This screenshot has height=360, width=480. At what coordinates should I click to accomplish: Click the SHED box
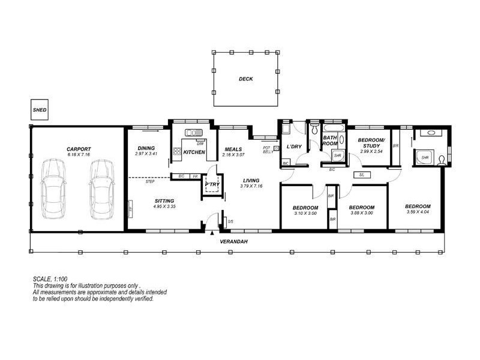pos(40,110)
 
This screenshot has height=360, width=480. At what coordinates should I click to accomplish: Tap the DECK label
pos(245,79)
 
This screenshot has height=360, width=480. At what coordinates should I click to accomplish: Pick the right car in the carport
pos(101,190)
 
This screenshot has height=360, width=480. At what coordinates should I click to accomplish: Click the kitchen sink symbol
pos(195,133)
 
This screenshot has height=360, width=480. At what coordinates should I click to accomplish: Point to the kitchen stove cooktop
pos(177,152)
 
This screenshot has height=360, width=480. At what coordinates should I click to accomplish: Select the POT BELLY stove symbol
pos(276,148)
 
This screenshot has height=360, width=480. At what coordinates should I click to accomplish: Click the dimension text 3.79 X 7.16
pos(251,186)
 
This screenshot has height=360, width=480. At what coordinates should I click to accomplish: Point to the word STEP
pos(150,181)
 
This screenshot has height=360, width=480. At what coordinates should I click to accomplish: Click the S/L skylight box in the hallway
pos(362,175)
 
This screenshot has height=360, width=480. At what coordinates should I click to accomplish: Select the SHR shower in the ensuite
pos(425,157)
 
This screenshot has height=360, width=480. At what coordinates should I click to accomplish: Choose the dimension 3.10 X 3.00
pos(305,214)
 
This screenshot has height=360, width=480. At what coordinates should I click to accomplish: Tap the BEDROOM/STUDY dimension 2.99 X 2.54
pos(371,152)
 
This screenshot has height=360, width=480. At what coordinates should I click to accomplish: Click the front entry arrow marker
pos(212,232)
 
